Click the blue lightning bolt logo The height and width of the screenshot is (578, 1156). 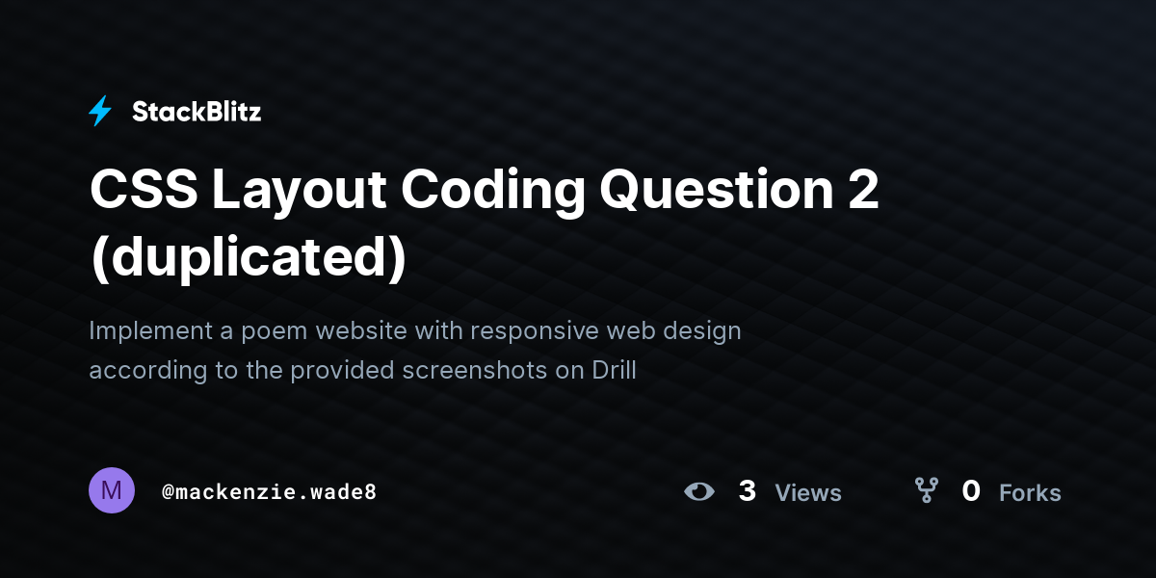click(x=100, y=112)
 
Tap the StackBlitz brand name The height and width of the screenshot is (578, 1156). click(x=197, y=112)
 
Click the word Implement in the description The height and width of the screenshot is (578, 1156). click(x=150, y=330)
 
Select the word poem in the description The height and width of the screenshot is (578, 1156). click(x=273, y=330)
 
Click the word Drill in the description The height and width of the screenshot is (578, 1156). click(x=614, y=370)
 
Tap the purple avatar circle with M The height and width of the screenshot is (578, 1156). click(x=112, y=491)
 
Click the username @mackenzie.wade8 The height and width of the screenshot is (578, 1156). click(x=269, y=491)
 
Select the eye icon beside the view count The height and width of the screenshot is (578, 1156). click(x=699, y=491)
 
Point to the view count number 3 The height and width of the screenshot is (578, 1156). click(x=748, y=491)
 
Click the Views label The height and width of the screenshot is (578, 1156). click(x=808, y=493)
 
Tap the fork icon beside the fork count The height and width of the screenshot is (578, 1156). click(x=927, y=491)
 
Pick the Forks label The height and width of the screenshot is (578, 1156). click(x=1030, y=493)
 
